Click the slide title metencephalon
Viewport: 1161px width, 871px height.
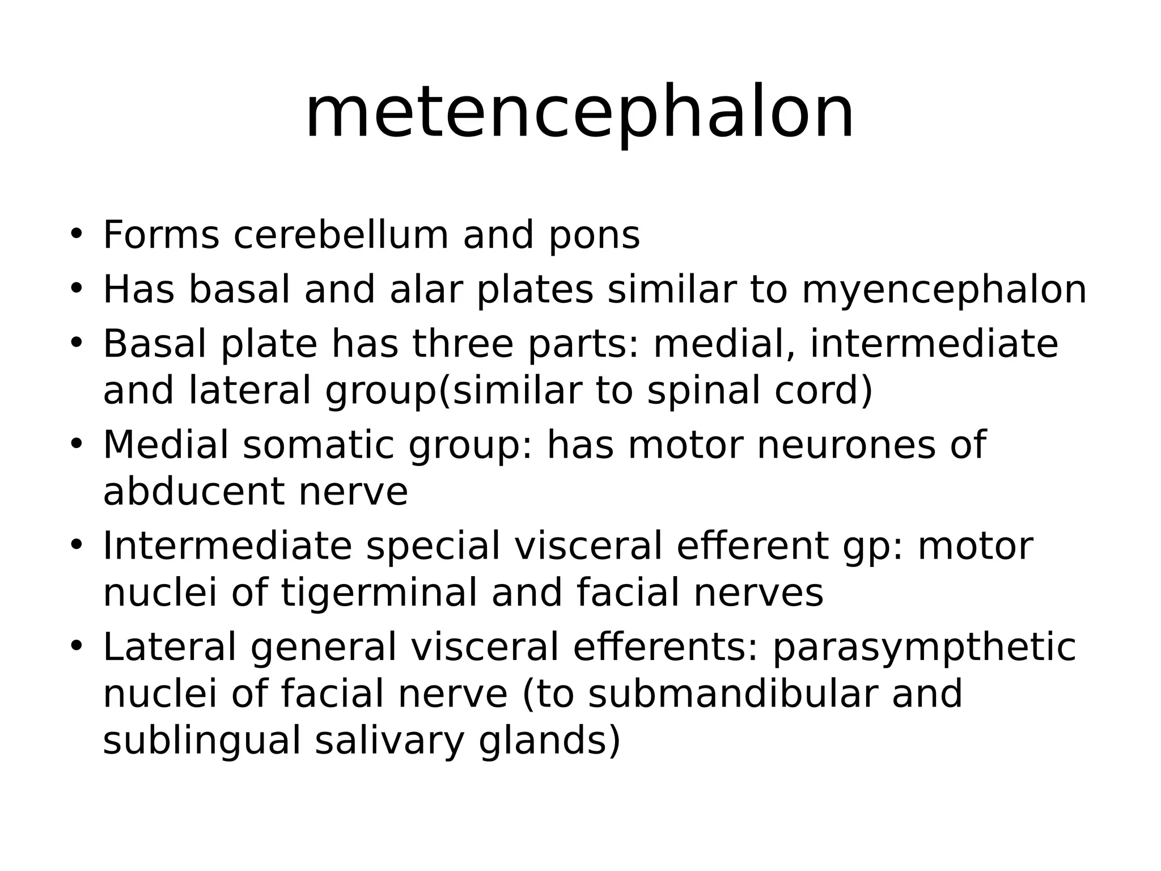(579, 112)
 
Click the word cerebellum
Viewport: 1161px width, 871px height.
(341, 235)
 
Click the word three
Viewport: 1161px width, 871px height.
(462, 344)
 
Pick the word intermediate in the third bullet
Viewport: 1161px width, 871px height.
(934, 344)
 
